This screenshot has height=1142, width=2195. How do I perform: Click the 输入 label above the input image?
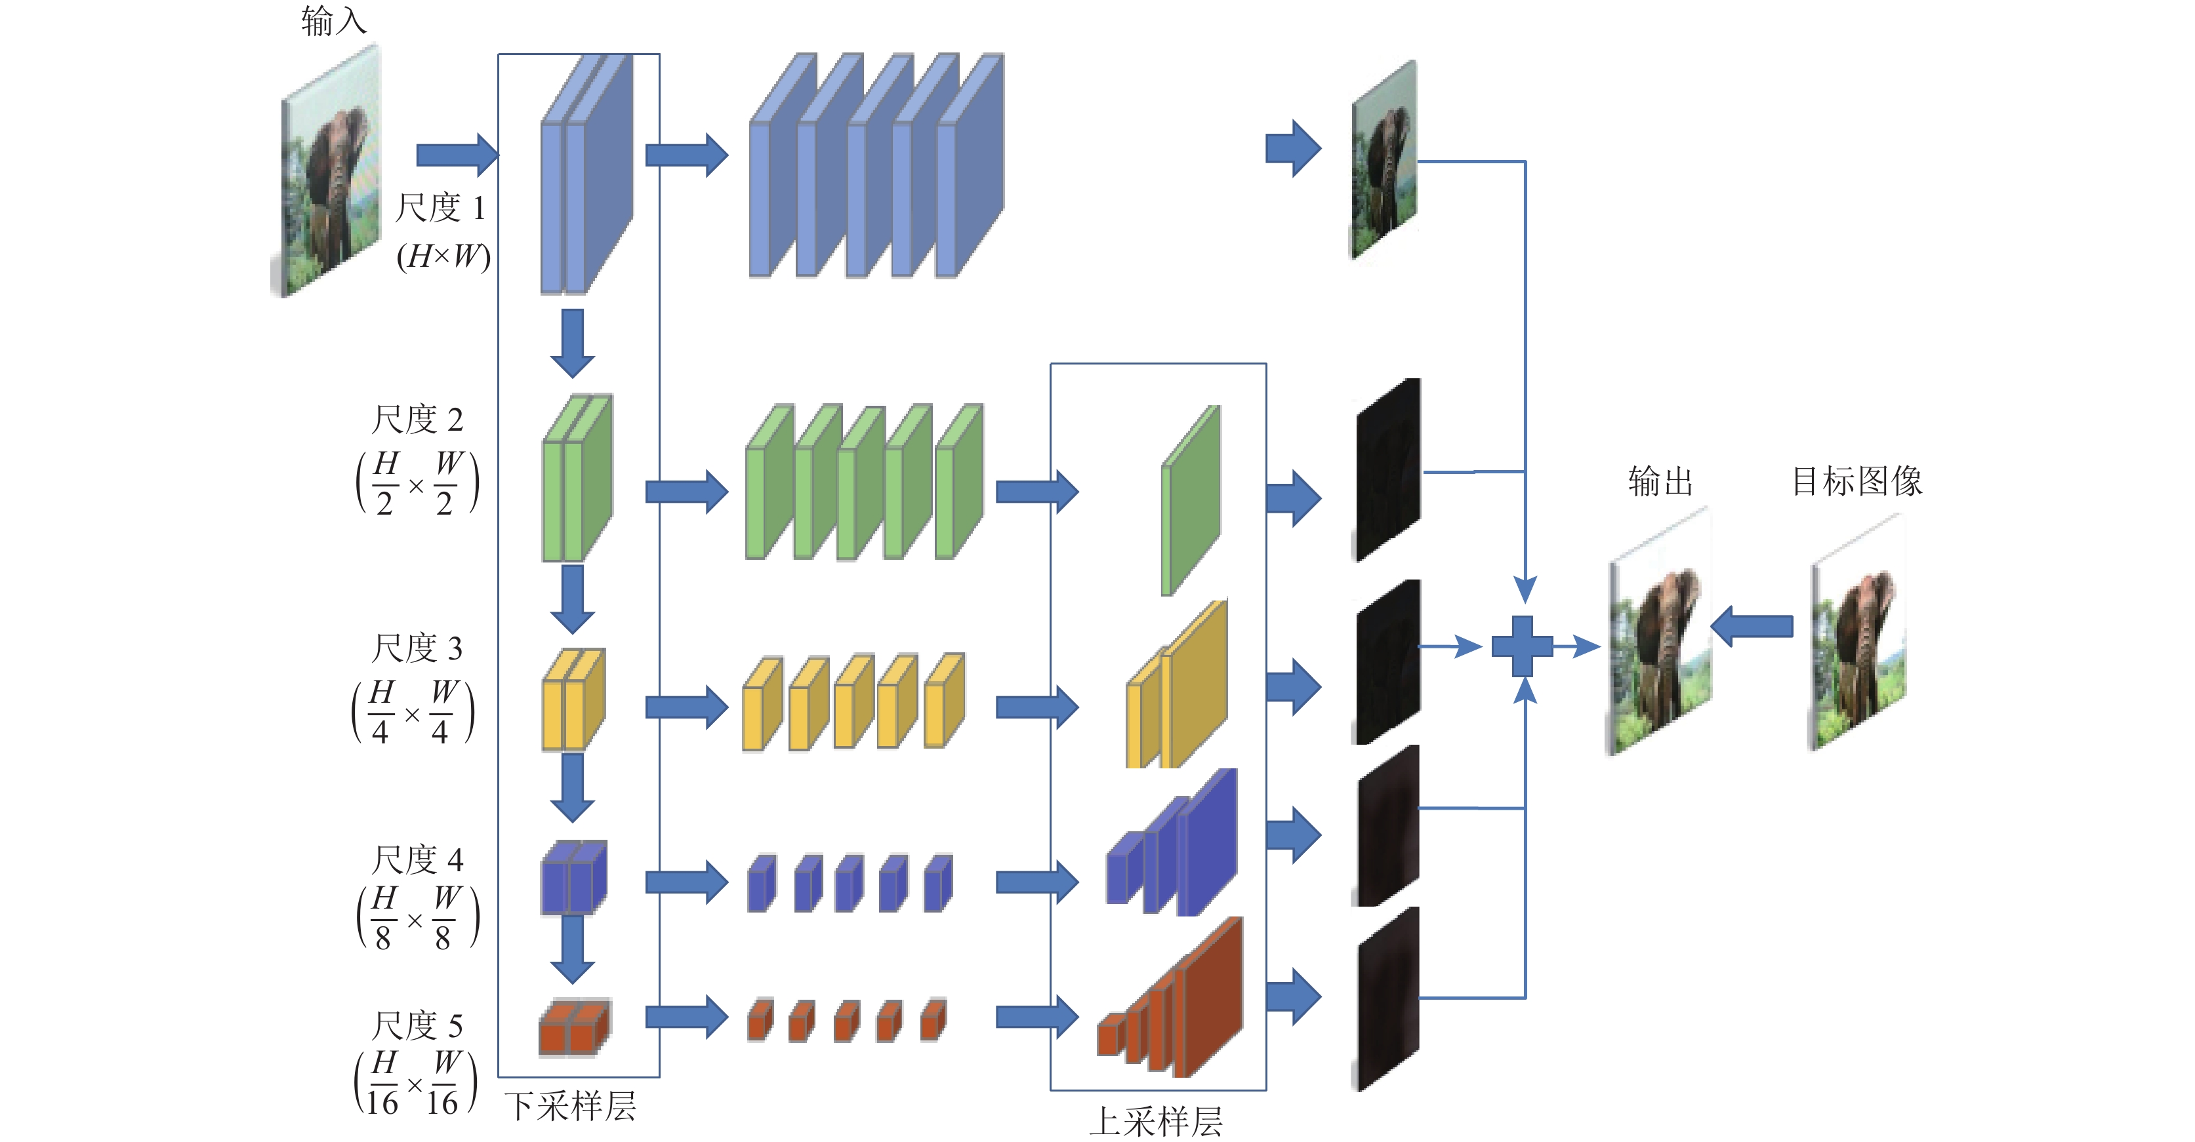tap(333, 21)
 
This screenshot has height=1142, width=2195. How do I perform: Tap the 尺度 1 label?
tap(440, 208)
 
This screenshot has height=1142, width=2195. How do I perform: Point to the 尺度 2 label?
tap(417, 420)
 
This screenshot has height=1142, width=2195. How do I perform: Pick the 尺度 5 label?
tap(417, 1025)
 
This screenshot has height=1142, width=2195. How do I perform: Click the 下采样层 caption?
tap(570, 1106)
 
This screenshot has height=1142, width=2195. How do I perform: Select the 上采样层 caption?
tap(1157, 1121)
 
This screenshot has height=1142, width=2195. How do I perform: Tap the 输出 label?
tap(1660, 482)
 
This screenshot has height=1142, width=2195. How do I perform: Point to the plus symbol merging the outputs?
tap(1523, 646)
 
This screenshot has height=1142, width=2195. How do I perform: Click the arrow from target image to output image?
tap(1752, 627)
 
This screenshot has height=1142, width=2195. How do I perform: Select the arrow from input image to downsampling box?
tap(456, 155)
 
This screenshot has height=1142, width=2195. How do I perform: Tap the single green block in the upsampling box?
tap(1191, 501)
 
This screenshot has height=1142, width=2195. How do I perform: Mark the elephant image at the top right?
tap(1384, 160)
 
